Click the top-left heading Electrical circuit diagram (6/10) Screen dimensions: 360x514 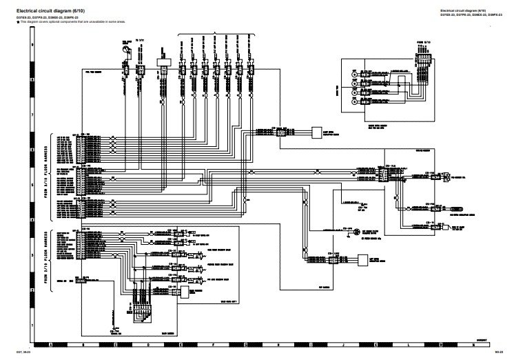tap(48, 10)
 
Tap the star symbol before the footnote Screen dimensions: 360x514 tap(9, 22)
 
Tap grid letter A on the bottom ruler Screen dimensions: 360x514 tap(51, 344)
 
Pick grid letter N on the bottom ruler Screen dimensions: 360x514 tap(473, 344)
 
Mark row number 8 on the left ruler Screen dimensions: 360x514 tap(33, 79)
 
